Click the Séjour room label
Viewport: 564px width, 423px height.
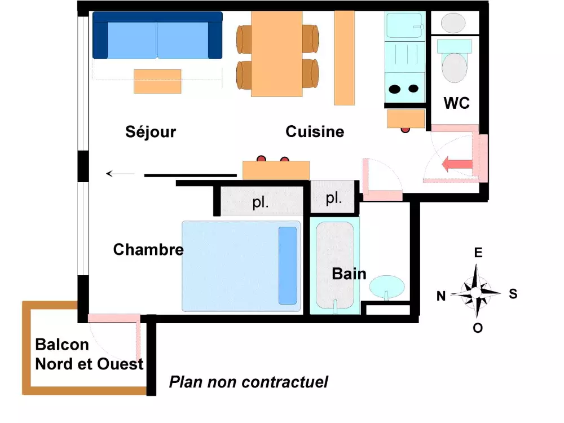[x=151, y=132]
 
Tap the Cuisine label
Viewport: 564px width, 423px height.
[x=315, y=132]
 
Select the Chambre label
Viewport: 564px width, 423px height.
[x=148, y=249]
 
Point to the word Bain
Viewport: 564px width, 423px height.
[x=349, y=275]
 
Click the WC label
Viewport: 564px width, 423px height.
[x=457, y=103]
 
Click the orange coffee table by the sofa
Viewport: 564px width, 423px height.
[x=157, y=81]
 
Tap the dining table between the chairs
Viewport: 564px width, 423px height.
[x=277, y=54]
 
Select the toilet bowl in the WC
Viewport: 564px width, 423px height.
[x=455, y=67]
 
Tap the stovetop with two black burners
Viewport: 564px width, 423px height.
[x=404, y=89]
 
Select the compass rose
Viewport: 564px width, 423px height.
[x=478, y=293]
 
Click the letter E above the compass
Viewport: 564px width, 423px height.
[x=478, y=252]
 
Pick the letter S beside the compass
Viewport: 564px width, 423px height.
[x=513, y=294]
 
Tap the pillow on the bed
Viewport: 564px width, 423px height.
[x=288, y=265]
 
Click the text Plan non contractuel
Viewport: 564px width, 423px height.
[x=248, y=382]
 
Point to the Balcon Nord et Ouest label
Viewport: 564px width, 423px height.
[x=89, y=354]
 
